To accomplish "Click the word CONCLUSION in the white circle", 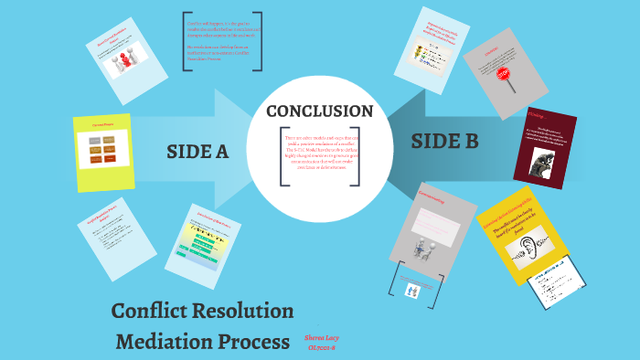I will tap(319, 111).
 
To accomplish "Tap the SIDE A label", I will tap(197, 152).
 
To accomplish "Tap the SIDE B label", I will tap(444, 141).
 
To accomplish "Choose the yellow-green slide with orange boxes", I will tap(101, 152).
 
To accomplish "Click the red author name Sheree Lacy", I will tap(321, 338).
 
